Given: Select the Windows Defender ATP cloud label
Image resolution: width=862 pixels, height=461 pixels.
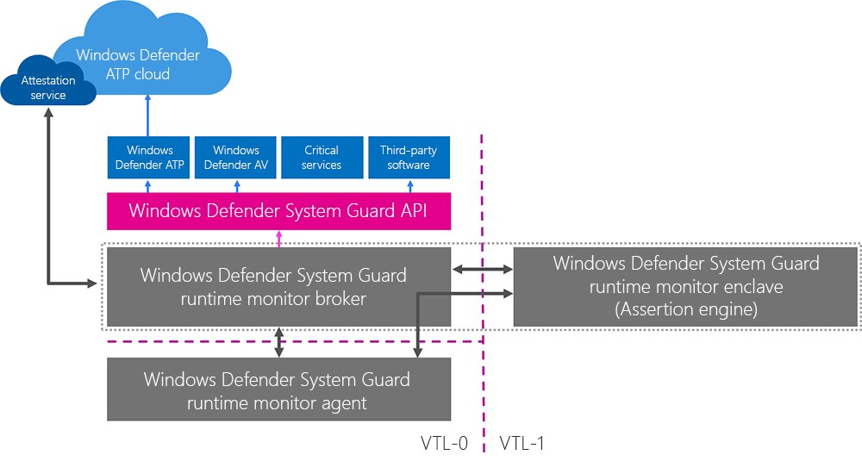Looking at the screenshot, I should (138, 65).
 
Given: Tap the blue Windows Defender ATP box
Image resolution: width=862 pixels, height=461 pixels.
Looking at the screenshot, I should (150, 158).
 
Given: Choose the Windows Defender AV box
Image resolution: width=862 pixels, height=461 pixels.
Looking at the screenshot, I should (236, 158).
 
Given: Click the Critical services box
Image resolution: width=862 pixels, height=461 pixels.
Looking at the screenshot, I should (322, 158).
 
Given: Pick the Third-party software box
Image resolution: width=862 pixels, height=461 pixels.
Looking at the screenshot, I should (409, 158).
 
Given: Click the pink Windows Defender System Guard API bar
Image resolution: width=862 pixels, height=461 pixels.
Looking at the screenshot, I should (278, 211).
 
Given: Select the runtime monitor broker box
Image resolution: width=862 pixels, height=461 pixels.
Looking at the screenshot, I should (278, 287).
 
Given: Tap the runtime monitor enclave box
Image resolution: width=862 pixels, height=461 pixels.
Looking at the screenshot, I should (686, 287).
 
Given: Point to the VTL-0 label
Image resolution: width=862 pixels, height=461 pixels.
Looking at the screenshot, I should (444, 444).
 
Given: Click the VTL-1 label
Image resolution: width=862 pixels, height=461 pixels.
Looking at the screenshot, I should (522, 444).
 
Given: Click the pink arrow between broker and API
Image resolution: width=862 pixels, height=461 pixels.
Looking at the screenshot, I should (278, 239).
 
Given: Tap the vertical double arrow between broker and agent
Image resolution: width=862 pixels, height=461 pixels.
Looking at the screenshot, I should (278, 342).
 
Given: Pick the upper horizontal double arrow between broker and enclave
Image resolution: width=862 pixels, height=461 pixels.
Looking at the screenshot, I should (483, 270).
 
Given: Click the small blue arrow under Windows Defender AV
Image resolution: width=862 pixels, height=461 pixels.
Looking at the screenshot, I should (236, 185).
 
